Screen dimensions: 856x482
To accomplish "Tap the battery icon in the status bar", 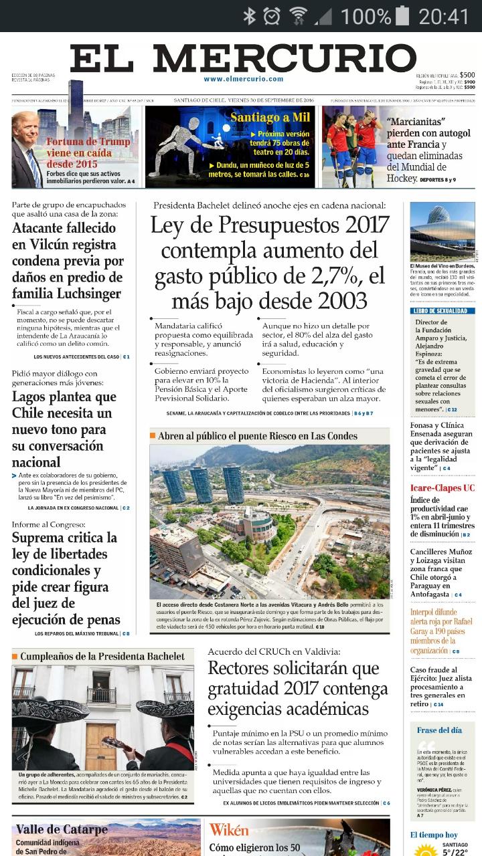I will pyautogui.click(x=402, y=15).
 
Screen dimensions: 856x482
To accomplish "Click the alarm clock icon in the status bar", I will pyautogui.click(x=272, y=15).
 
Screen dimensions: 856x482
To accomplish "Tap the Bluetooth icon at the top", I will pyautogui.click(x=250, y=15).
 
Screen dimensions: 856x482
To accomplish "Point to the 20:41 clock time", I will pyautogui.click(x=444, y=15).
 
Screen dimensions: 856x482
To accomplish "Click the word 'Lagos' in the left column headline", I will pyautogui.click(x=33, y=396).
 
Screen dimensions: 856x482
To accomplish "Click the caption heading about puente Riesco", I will pyautogui.click(x=258, y=436).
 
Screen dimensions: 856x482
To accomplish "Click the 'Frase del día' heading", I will pyautogui.click(x=439, y=730).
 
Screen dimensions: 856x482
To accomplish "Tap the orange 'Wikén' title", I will pyautogui.click(x=229, y=830).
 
